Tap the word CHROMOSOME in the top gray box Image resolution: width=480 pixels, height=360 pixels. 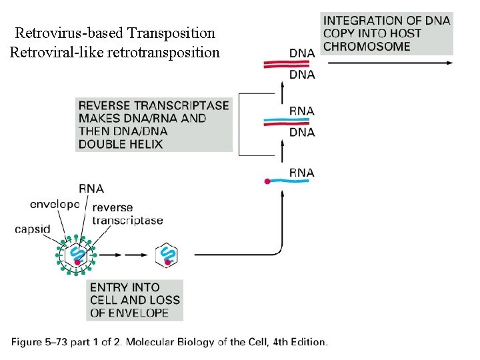(x=367, y=46)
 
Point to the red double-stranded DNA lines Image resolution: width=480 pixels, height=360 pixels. (x=287, y=64)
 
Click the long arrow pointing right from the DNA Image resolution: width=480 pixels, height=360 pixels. (x=390, y=63)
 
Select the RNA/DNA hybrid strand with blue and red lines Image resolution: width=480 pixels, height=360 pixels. (x=287, y=122)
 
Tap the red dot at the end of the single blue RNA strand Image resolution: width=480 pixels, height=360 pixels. (x=267, y=181)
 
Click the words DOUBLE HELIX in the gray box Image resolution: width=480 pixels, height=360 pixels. (x=121, y=144)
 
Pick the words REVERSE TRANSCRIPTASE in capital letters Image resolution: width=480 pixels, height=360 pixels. (x=154, y=105)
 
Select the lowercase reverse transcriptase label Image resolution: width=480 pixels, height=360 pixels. (x=127, y=213)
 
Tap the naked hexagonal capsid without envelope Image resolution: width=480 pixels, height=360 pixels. (x=167, y=255)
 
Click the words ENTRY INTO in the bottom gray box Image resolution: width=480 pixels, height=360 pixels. (x=125, y=287)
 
